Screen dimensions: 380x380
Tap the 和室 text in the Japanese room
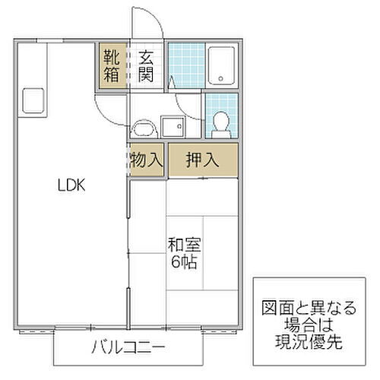tap(184, 245)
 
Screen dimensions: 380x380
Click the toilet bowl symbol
tap(221, 121)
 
